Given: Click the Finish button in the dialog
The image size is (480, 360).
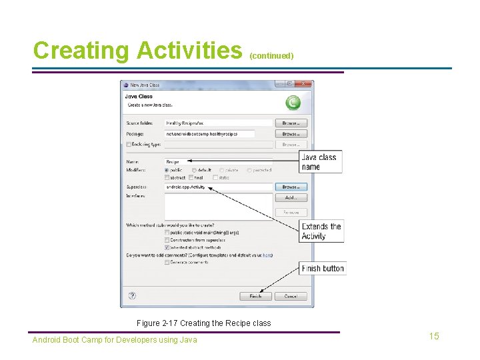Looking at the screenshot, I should point(255,296).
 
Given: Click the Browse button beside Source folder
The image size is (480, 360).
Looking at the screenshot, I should point(291,123).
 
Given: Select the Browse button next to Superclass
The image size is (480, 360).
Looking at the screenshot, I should point(291,187).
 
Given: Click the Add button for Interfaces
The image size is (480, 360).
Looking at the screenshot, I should point(291,198).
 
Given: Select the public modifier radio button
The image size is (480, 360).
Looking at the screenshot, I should point(167,170).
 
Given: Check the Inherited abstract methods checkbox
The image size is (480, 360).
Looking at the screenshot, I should point(167,247).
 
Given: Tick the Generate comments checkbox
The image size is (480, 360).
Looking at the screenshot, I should point(167,262).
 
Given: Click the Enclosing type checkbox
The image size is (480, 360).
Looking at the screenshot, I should point(129,144).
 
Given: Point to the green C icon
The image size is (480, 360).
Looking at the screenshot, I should point(293,103).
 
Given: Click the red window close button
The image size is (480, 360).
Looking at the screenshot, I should point(305,84).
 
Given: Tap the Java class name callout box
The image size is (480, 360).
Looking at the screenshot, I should point(321,162).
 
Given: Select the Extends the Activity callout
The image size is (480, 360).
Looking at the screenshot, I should point(322,231).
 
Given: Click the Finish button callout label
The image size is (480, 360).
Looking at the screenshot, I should point(323,269).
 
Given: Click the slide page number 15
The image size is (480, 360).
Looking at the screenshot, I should point(434,336).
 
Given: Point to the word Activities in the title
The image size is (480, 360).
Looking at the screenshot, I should point(189,51).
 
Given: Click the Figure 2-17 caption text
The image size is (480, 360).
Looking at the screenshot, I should point(203,323).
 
